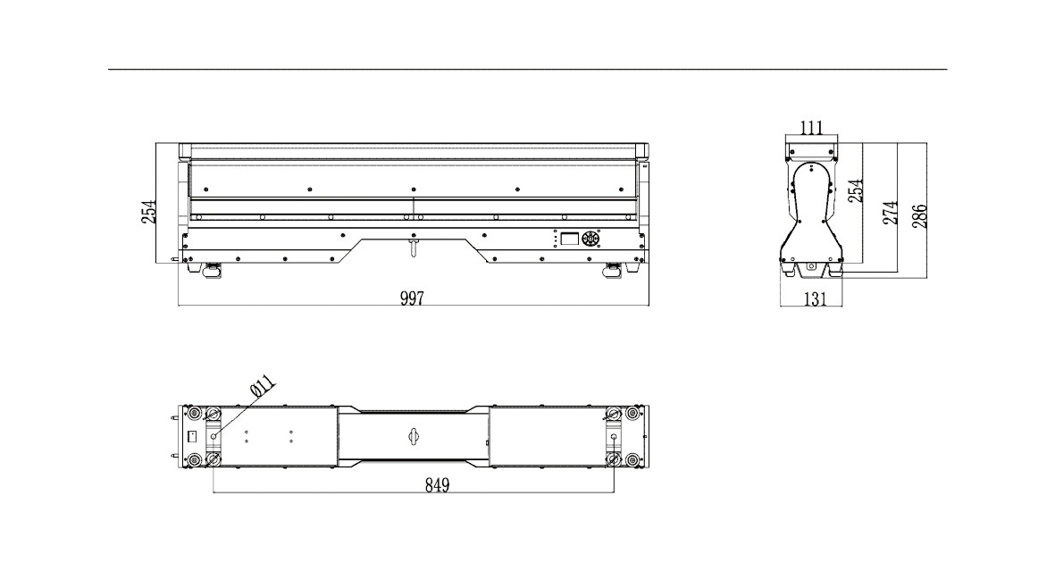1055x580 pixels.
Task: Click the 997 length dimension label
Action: (x=412, y=298)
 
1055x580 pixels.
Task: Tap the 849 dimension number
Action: (x=438, y=484)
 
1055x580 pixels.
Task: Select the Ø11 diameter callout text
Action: (x=262, y=385)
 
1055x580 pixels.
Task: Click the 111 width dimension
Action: (x=812, y=127)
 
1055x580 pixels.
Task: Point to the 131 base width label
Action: (x=815, y=298)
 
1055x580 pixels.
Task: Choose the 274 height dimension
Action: (x=890, y=213)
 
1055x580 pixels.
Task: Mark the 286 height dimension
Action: (x=919, y=216)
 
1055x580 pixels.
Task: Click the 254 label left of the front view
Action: (x=148, y=211)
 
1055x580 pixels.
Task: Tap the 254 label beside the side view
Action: (x=855, y=191)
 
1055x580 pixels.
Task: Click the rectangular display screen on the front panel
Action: (x=569, y=239)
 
